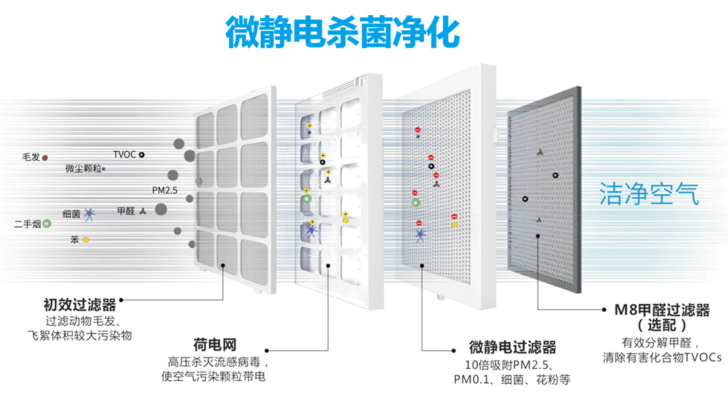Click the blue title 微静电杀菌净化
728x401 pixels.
(x=343, y=32)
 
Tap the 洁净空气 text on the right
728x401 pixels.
(x=649, y=193)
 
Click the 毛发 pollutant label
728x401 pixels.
(x=31, y=157)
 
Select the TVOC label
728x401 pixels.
(x=124, y=155)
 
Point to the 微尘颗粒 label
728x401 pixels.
(x=83, y=169)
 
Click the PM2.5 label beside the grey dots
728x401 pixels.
(x=165, y=191)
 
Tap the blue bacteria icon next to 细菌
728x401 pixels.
(x=89, y=214)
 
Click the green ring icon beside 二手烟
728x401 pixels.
(x=46, y=224)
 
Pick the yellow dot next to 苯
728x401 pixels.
(x=86, y=240)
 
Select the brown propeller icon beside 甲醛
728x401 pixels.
(x=142, y=211)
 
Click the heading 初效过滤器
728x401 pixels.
(x=79, y=305)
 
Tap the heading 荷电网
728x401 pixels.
(x=215, y=345)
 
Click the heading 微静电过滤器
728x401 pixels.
(x=512, y=347)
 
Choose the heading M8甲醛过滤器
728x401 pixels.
(x=662, y=310)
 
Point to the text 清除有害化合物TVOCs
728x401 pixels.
(x=662, y=357)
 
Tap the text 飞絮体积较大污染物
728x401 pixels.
(x=79, y=335)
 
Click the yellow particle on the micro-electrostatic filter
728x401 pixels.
(x=455, y=224)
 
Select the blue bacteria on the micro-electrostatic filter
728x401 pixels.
(x=421, y=234)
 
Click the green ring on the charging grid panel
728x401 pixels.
(x=306, y=199)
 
